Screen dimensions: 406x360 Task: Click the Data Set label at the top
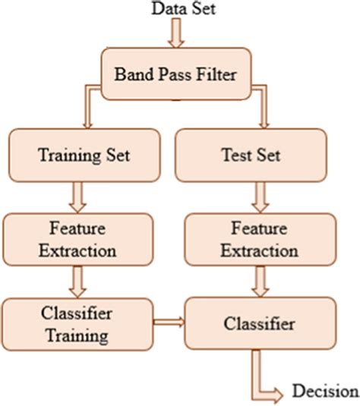click(179, 9)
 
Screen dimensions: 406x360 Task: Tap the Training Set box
click(84, 156)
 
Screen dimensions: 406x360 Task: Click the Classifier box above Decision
click(261, 325)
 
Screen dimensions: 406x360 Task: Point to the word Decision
click(325, 392)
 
